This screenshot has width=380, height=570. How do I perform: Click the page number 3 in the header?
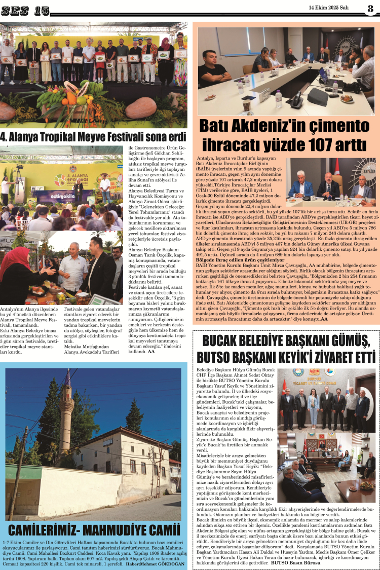coord(370,8)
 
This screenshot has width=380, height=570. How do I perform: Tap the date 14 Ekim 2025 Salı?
coord(329,7)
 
